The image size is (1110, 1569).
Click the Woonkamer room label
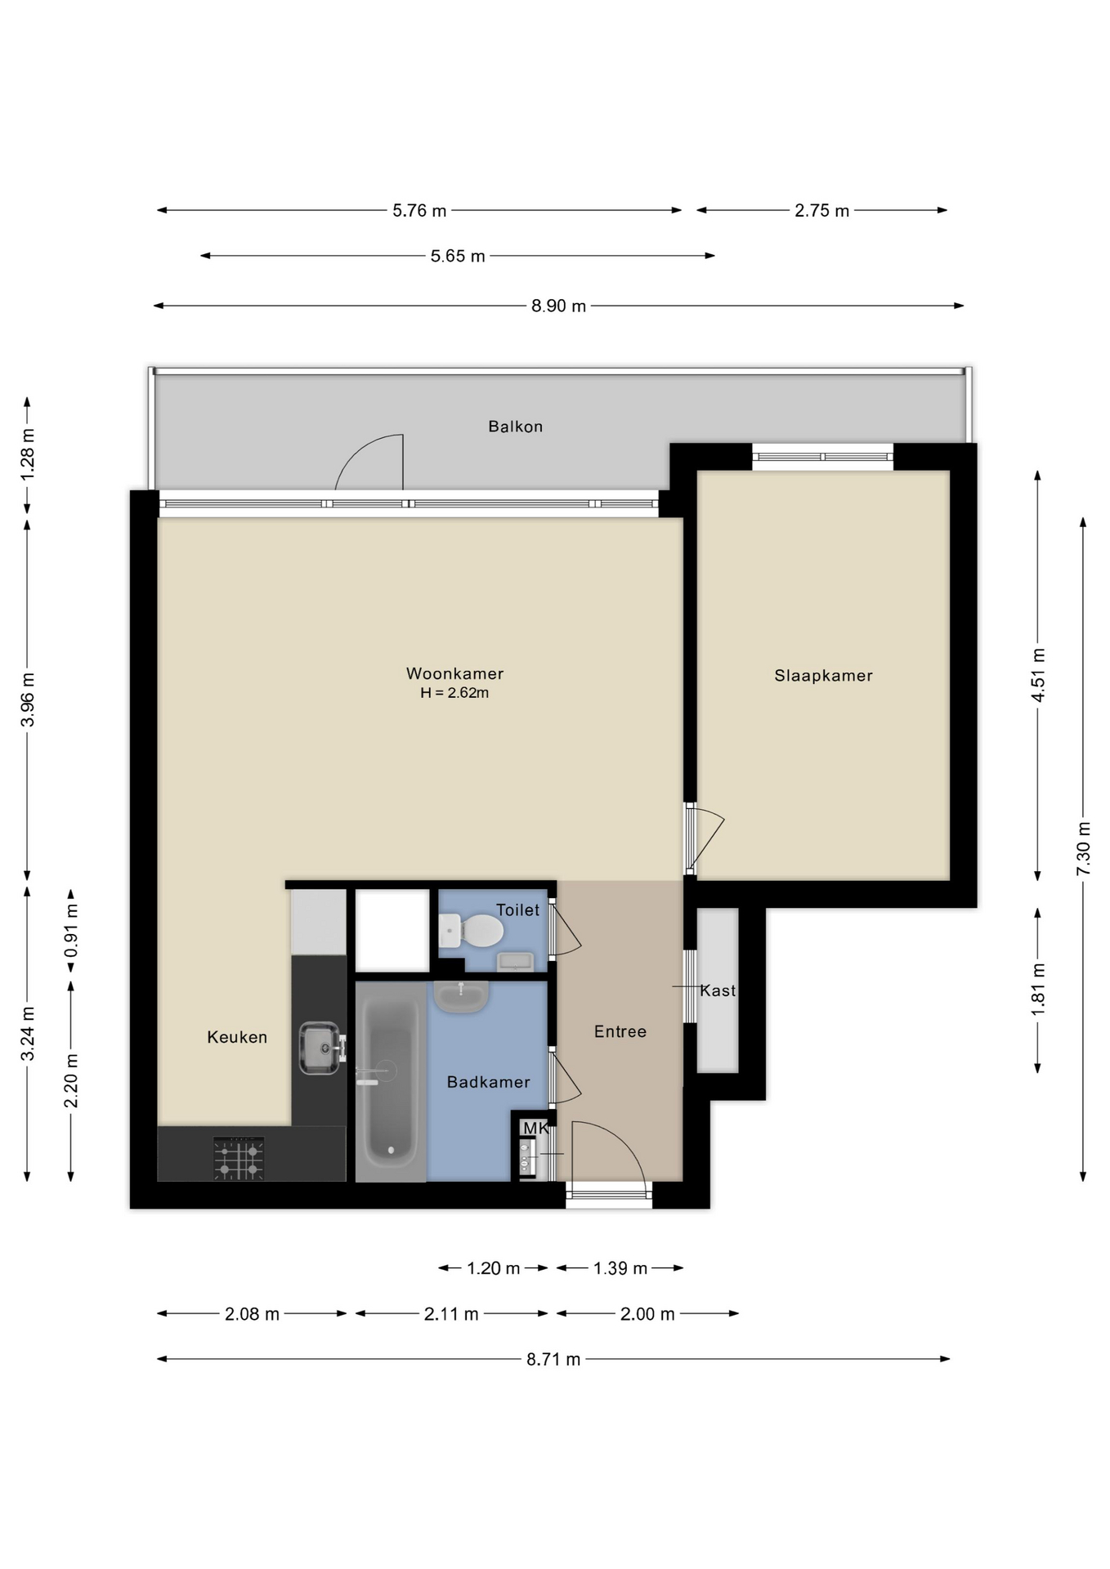[x=454, y=673]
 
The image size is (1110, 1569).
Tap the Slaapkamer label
[x=823, y=675]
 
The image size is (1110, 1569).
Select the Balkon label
[x=515, y=426]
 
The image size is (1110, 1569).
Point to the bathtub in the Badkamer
[x=390, y=1080]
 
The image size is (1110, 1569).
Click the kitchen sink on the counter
[x=320, y=1048]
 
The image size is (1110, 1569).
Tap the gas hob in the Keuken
[x=239, y=1159]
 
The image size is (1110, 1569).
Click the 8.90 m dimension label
[x=558, y=306]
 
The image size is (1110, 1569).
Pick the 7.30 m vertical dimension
[x=1083, y=847]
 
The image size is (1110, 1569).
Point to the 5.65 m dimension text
[x=458, y=256]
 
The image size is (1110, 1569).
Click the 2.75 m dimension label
[x=821, y=210]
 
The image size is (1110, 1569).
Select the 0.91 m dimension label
[x=71, y=931]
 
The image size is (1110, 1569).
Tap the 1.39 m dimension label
[x=620, y=1267]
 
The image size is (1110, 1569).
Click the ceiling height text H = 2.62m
[x=454, y=693]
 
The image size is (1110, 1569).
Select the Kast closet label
[x=718, y=990]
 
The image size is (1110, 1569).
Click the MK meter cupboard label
[x=535, y=1128]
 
